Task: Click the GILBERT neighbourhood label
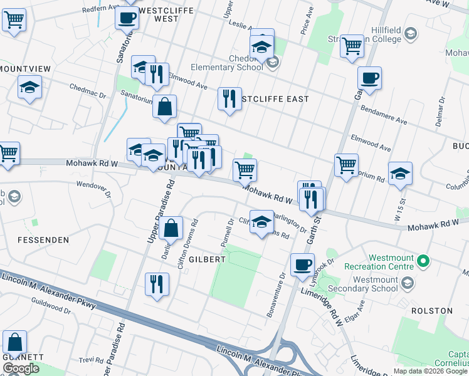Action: [x=206, y=259]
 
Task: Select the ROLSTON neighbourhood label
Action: [x=431, y=311]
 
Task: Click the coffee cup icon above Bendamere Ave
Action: [x=369, y=78]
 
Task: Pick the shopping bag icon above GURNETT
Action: [x=15, y=342]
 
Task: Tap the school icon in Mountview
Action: [x=29, y=87]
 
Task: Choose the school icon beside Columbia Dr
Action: [x=399, y=174]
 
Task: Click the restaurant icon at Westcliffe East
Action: [x=229, y=98]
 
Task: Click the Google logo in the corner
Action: [x=21, y=368]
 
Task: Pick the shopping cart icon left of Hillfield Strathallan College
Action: [x=353, y=45]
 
